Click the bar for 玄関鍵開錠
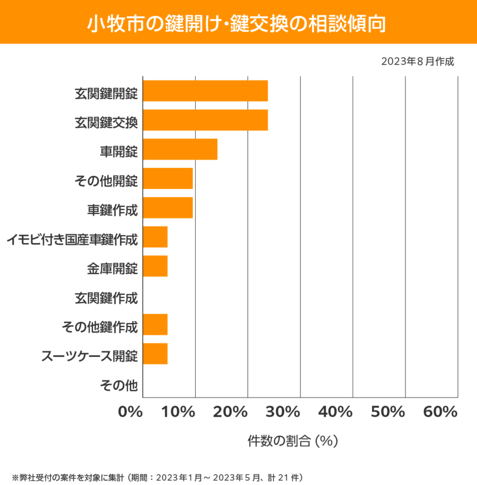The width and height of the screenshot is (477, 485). [205, 91]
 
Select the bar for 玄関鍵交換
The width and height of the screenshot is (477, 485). [205, 120]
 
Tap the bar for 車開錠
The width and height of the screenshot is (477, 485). [180, 149]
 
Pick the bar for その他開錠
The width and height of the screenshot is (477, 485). [168, 179]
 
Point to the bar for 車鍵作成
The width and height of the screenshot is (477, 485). [168, 207]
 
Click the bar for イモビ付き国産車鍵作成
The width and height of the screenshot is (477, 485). [155, 237]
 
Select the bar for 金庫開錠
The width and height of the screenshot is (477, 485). [155, 266]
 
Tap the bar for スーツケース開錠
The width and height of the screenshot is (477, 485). [155, 354]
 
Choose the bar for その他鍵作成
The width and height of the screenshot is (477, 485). [155, 324]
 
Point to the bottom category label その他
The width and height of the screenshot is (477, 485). [118, 384]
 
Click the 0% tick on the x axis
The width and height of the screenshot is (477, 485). [131, 412]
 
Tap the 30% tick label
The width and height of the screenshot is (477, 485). [287, 412]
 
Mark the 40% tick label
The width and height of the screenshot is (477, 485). [338, 412]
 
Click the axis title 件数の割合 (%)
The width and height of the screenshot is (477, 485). [293, 441]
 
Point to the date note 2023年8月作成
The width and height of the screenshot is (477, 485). [418, 62]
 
